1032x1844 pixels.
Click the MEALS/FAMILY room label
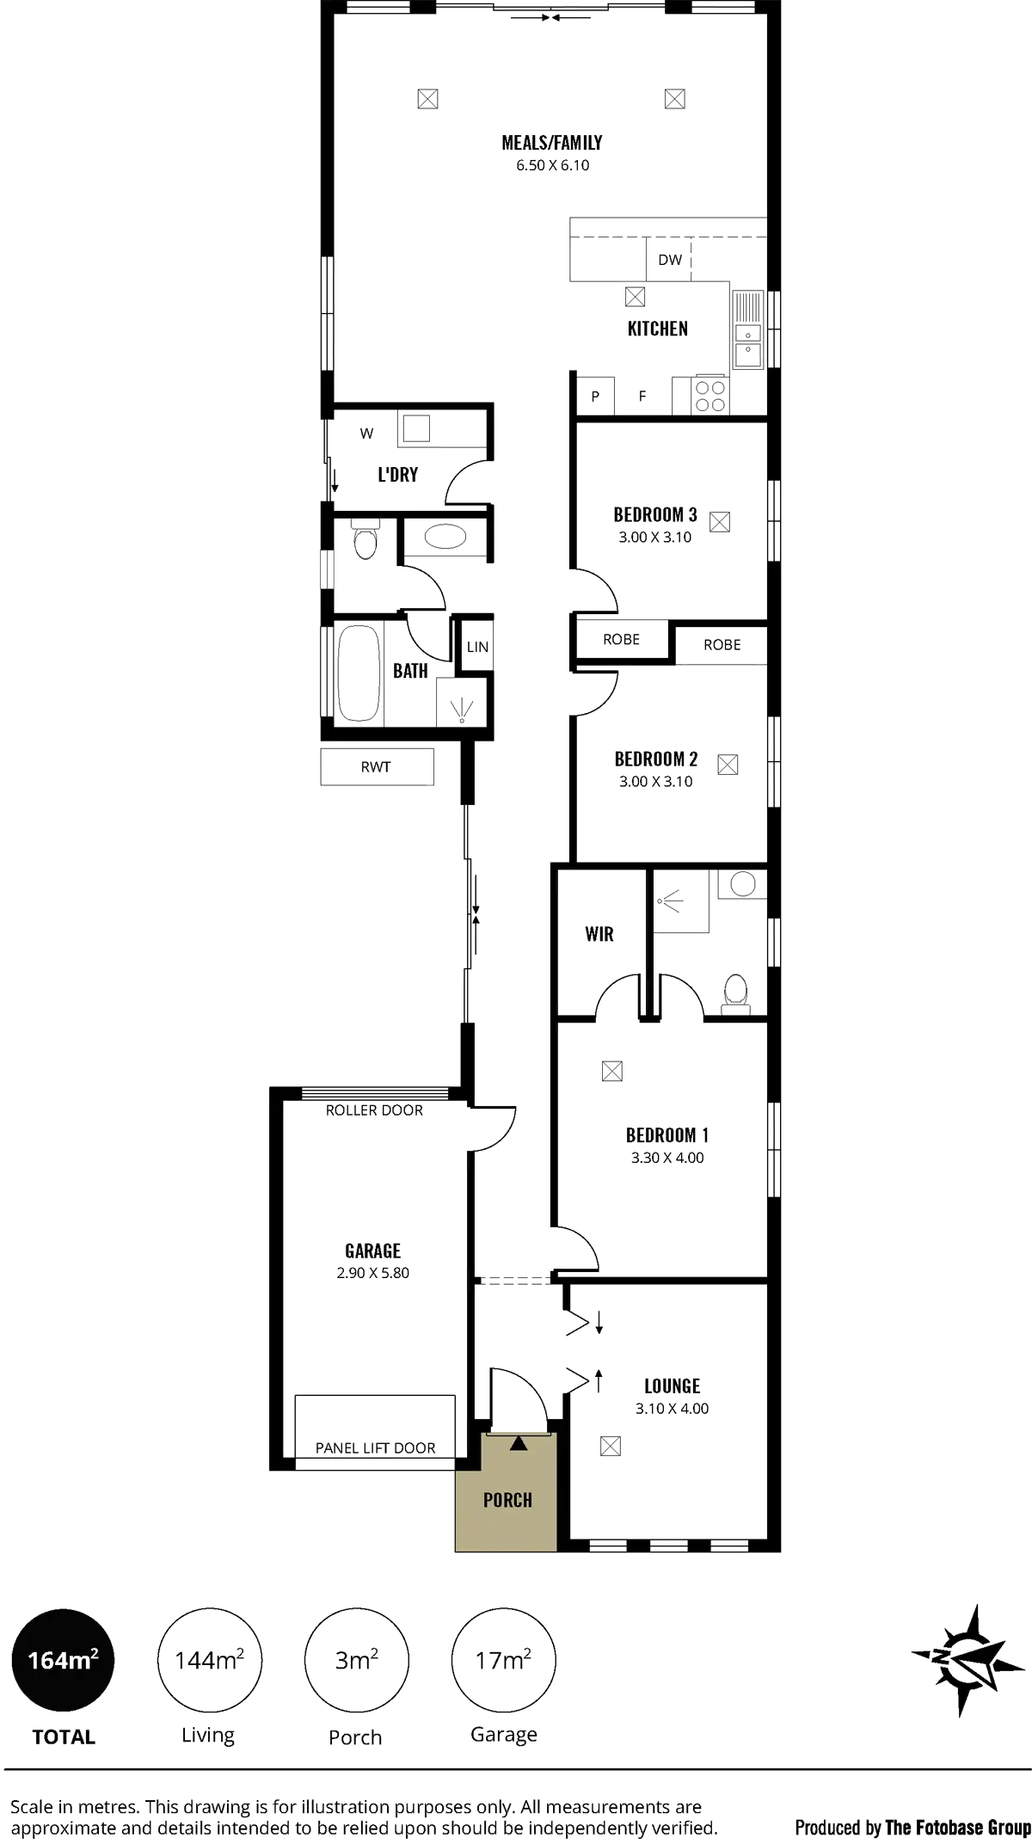point(553,142)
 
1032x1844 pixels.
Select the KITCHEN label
point(657,328)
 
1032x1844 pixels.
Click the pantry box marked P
point(597,397)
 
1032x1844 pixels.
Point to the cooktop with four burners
point(711,396)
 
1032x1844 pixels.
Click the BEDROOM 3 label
point(655,514)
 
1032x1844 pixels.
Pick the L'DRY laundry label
point(398,474)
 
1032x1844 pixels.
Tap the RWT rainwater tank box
point(376,767)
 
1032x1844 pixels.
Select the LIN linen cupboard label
point(477,647)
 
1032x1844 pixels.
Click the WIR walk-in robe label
point(599,933)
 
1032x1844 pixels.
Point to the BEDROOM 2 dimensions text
point(655,782)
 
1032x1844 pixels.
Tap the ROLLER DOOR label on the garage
point(374,1110)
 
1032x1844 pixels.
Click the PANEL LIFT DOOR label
point(376,1448)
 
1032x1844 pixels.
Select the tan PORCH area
point(507,1500)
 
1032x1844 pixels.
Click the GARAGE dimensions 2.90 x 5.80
point(374,1272)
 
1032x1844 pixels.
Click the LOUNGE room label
point(673,1386)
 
